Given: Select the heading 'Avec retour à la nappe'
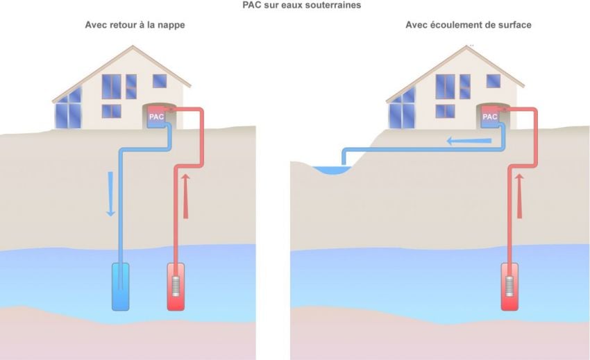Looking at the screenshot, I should pyautogui.click(x=135, y=25).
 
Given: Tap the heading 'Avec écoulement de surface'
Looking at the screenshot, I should pyautogui.click(x=469, y=25).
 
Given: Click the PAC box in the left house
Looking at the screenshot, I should pyautogui.click(x=156, y=117).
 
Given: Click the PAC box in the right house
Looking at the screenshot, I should pyautogui.click(x=490, y=117).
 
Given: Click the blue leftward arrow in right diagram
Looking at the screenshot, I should pyautogui.click(x=469, y=142).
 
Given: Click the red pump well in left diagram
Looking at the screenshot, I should pyautogui.click(x=177, y=286).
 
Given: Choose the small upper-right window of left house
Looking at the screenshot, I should pyautogui.click(x=160, y=80).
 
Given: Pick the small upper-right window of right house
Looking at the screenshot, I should pyautogui.click(x=494, y=80).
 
